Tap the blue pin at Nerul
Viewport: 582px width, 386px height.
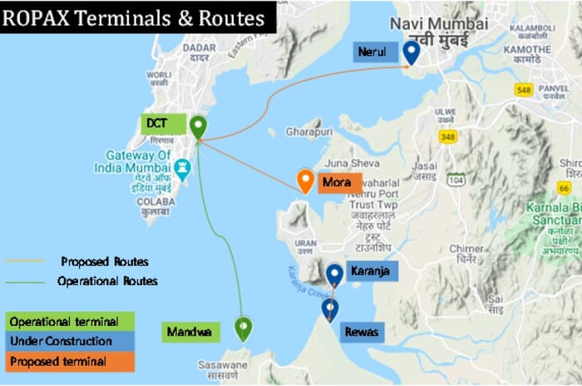pyautogui.click(x=411, y=52)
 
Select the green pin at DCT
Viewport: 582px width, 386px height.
pyautogui.click(x=198, y=127)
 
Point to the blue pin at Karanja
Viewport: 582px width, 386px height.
pyautogui.click(x=334, y=274)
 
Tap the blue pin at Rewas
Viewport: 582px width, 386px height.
pyautogui.click(x=330, y=309)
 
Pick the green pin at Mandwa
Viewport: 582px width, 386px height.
pyautogui.click(x=243, y=328)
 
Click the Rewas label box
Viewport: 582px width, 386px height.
pyautogui.click(x=362, y=332)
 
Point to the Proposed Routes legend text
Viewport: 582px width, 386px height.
pyautogui.click(x=104, y=261)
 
